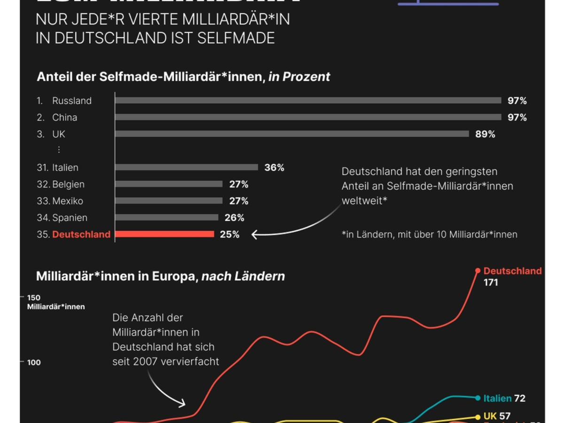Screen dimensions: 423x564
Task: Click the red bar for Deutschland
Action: click(x=164, y=234)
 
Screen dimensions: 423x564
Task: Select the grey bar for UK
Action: click(x=292, y=134)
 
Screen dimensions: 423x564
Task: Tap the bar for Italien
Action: click(x=187, y=167)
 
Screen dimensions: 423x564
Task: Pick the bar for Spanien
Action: click(x=167, y=218)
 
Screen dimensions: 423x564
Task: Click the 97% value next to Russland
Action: click(x=517, y=101)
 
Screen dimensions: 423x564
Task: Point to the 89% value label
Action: click(x=485, y=134)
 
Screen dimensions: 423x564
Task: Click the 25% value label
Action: click(x=229, y=234)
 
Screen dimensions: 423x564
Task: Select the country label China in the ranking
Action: click(x=64, y=117)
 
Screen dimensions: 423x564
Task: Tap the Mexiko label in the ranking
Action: click(x=68, y=201)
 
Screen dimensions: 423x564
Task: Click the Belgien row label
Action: click(x=68, y=184)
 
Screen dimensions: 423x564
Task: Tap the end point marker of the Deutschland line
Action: click(x=478, y=270)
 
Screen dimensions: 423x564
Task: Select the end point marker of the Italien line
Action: click(x=478, y=398)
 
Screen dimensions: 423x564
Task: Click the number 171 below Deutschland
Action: click(x=491, y=283)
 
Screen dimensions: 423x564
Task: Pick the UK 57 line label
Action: click(x=496, y=416)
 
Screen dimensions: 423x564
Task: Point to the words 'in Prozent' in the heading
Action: click(x=299, y=77)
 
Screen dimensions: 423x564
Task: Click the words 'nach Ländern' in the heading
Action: click(x=243, y=276)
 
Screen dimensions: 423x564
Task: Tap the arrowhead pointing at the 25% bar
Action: click(x=254, y=234)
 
